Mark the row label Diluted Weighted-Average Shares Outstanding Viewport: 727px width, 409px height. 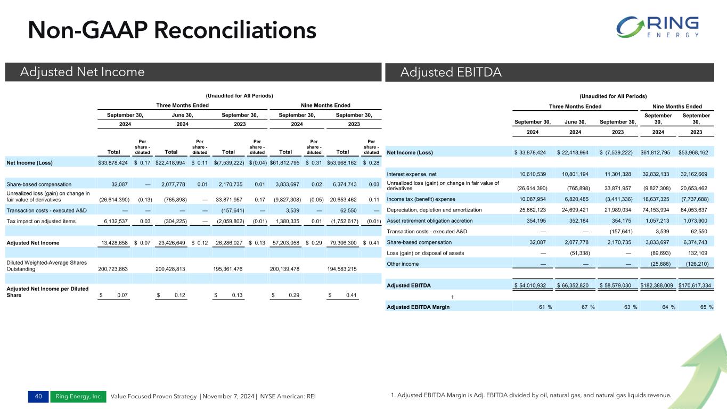click(x=47, y=265)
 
